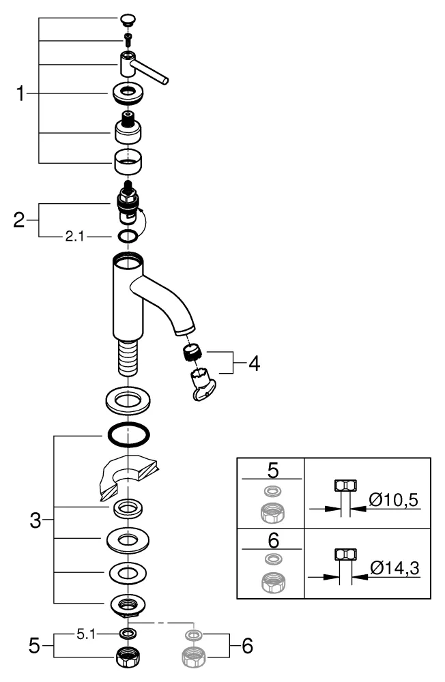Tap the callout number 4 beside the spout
coord(253,364)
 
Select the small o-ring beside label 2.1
coord(127,236)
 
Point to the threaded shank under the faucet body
coord(127,359)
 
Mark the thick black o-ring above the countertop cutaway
coord(127,433)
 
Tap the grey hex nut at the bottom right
coord(194,656)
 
